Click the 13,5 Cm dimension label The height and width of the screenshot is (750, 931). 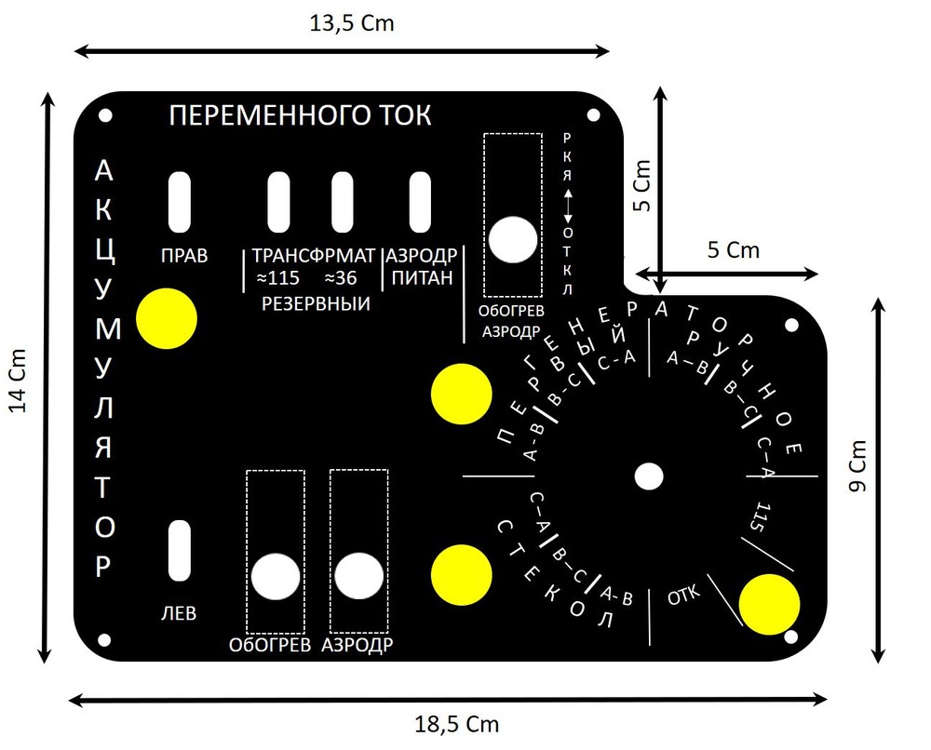pyautogui.click(x=352, y=23)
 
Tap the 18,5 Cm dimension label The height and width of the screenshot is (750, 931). pyautogui.click(x=456, y=724)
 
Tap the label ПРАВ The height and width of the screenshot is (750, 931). pyautogui.click(x=183, y=256)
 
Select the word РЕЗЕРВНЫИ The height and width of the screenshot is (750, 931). pyautogui.click(x=316, y=304)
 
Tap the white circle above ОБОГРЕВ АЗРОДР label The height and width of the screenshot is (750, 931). pyautogui.click(x=513, y=239)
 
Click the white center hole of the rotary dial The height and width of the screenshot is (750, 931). pyautogui.click(x=649, y=476)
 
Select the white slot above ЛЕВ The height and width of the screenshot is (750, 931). pyautogui.click(x=180, y=551)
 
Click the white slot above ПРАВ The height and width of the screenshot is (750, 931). pyautogui.click(x=180, y=202)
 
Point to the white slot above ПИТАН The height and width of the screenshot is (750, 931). pyautogui.click(x=420, y=202)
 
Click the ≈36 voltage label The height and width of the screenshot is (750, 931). pyautogui.click(x=340, y=278)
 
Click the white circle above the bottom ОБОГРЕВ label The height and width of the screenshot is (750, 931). pyautogui.click(x=276, y=577)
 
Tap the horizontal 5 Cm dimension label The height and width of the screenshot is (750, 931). pyautogui.click(x=734, y=250)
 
